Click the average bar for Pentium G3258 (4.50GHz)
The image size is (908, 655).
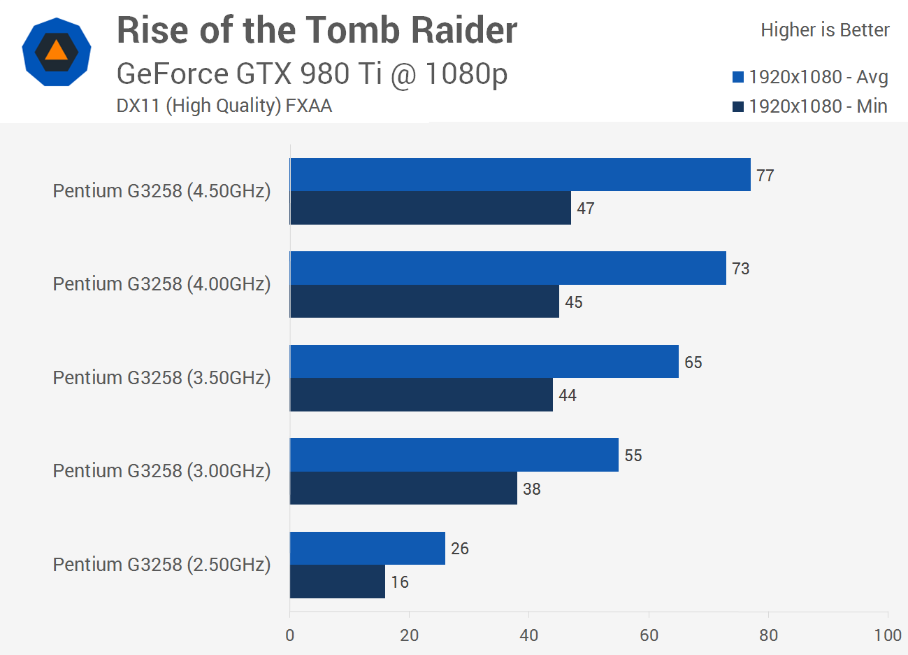[520, 175]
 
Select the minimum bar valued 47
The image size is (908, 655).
[431, 208]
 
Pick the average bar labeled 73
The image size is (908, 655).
[508, 268]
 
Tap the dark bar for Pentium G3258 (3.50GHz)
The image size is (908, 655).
[421, 395]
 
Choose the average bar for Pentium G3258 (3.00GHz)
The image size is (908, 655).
[454, 455]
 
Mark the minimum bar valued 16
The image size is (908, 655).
[338, 582]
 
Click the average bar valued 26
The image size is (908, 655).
[368, 548]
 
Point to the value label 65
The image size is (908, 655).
[693, 362]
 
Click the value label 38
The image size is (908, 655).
[532, 489]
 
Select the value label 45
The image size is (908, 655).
[574, 302]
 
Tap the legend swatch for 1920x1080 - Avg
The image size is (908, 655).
[738, 77]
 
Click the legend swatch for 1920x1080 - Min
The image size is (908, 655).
[738, 106]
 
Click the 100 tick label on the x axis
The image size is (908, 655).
[888, 635]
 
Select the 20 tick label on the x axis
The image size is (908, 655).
[410, 635]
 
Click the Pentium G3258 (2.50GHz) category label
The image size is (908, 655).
[161, 564]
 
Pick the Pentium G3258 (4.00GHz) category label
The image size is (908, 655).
[161, 283]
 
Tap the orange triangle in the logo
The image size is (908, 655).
[56, 51]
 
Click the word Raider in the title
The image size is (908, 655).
[463, 30]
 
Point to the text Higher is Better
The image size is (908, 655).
[825, 30]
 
